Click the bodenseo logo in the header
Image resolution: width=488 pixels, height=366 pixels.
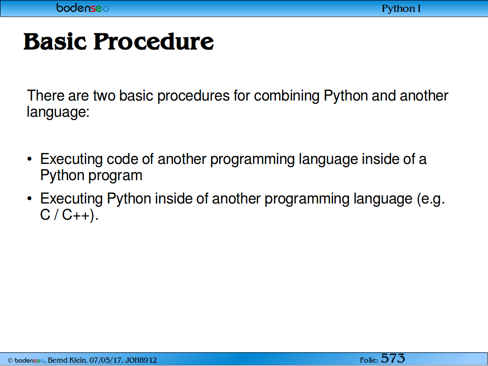82,8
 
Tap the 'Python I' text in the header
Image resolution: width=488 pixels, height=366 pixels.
401,9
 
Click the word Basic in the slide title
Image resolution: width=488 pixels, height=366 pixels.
55,41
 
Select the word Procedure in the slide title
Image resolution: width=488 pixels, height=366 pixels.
154,41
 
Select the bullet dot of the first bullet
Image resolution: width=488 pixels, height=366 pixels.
30,160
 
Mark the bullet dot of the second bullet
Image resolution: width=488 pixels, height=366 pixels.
30,199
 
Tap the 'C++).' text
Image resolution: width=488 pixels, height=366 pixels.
80,215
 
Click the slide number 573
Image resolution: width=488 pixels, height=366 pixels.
393,358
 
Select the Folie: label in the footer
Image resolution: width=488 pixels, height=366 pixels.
369,360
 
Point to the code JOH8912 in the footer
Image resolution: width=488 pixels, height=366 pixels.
141,360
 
